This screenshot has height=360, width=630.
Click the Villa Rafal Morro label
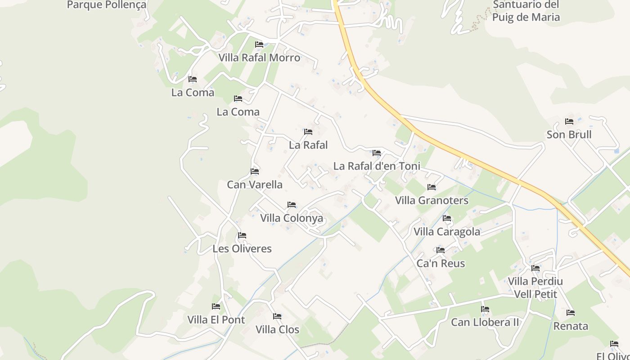click(x=259, y=58)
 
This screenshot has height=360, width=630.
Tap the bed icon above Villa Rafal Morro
click(x=259, y=45)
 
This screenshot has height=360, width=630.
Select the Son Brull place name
click(x=569, y=135)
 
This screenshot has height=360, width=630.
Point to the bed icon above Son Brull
click(x=569, y=121)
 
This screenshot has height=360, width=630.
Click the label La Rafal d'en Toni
click(x=377, y=166)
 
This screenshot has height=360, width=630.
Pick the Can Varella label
click(x=255, y=184)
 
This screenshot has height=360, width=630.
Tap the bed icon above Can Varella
click(x=255, y=171)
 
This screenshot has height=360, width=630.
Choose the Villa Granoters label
click(x=432, y=200)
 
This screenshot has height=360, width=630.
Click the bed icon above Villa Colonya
click(x=292, y=205)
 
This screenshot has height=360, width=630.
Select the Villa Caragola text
click(x=447, y=232)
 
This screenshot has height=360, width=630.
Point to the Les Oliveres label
click(x=242, y=248)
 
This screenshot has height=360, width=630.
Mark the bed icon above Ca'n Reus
click(x=441, y=250)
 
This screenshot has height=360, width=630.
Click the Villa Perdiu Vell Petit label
click(x=535, y=288)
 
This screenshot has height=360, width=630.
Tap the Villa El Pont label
click(x=216, y=319)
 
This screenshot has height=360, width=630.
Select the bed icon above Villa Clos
click(x=277, y=316)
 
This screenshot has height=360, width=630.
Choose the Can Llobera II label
click(x=485, y=322)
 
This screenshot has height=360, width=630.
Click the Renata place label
click(x=571, y=326)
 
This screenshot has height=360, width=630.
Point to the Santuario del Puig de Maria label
click(x=526, y=11)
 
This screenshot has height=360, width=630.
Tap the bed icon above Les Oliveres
click(x=242, y=235)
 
